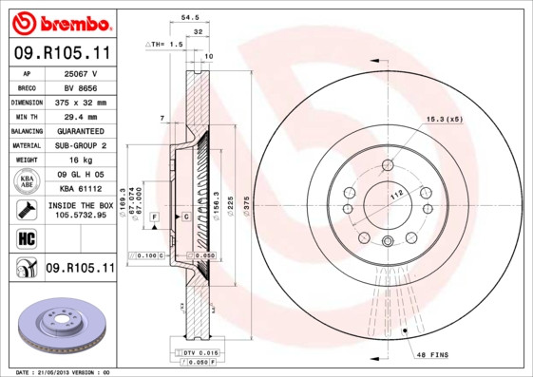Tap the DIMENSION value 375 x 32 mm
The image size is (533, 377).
[x=79, y=102]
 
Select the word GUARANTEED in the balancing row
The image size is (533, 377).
[x=79, y=130]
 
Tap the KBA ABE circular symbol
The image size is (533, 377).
[x=26, y=181]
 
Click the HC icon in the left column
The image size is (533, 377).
[x=26, y=237]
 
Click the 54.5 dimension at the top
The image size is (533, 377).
[x=189, y=17]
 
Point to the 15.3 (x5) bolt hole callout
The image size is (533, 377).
[x=444, y=119]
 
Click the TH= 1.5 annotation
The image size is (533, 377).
[x=165, y=44]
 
